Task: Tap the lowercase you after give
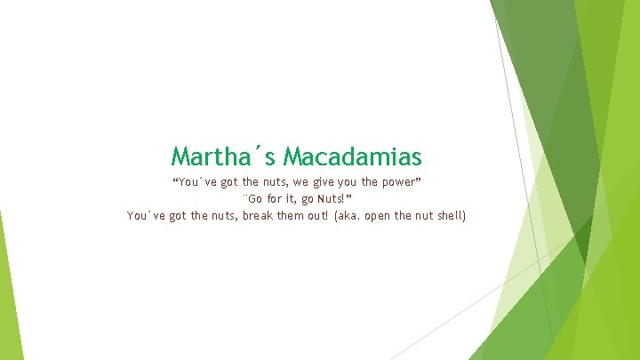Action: tap(347, 182)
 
